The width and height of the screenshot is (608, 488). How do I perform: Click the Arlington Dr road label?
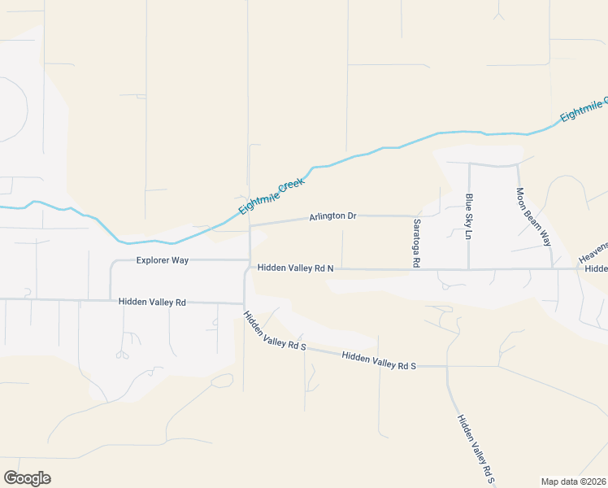point(332,216)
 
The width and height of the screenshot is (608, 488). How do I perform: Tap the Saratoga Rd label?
point(416,242)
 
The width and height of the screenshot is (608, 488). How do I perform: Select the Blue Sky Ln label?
point(469,216)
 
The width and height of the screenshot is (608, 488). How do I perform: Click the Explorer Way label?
point(163,260)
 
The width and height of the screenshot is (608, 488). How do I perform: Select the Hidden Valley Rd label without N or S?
point(152,302)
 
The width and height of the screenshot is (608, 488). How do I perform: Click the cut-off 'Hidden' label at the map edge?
point(596,268)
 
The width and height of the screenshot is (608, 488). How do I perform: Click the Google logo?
point(27,478)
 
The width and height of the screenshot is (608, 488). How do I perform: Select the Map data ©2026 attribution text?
point(574,481)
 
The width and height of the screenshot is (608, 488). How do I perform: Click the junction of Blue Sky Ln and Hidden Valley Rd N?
point(469,269)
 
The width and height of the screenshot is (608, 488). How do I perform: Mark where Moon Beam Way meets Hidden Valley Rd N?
point(552,268)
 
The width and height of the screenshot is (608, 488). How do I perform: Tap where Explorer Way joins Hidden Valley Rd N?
point(249,260)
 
